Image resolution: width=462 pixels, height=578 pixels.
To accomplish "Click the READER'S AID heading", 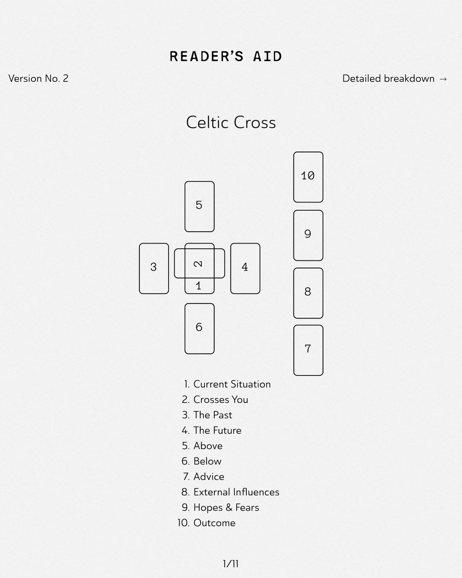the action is (226, 57).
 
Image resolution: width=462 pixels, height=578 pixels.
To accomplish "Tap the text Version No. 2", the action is (38, 78).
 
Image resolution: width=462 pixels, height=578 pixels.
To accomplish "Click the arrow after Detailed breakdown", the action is (443, 79).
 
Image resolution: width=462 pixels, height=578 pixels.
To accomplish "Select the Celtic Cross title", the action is (231, 122).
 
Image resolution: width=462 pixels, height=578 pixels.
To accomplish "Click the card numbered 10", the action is (308, 177).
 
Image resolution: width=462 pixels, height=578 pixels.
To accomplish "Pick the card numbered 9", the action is (308, 235).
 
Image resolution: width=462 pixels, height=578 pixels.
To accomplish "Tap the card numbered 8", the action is (308, 293).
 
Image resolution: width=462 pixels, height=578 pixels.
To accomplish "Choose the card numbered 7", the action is (308, 350).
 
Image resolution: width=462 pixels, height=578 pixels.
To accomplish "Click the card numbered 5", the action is (199, 206).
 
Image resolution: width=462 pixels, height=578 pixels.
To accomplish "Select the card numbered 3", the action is (154, 268).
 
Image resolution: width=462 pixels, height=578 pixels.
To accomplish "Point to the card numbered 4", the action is (245, 268).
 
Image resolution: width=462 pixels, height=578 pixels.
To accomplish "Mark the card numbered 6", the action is (199, 328).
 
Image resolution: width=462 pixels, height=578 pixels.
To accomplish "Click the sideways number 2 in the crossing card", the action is (198, 264).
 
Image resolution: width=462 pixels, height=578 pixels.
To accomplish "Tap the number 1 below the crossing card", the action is (198, 286).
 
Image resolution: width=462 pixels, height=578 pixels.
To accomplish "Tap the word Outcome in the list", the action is (214, 523).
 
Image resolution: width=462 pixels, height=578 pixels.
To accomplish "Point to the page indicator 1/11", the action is (231, 564).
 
